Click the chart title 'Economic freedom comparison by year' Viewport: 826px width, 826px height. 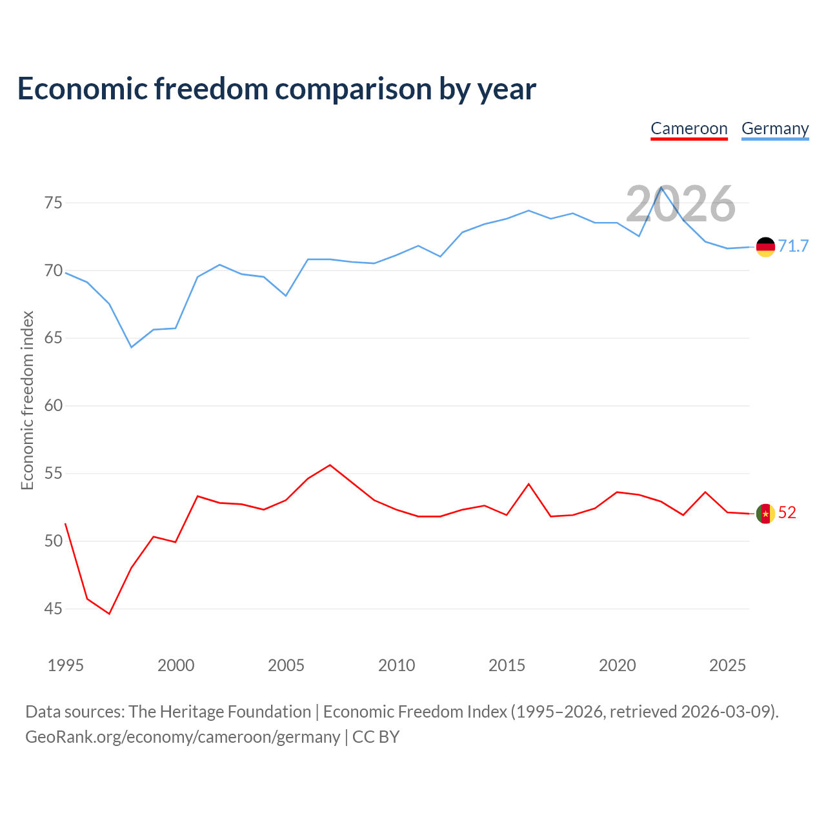tap(276, 89)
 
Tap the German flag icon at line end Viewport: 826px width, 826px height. tap(765, 247)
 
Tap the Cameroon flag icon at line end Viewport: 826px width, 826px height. tap(765, 513)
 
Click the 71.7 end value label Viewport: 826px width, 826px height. tap(793, 246)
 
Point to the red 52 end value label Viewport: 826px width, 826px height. tap(787, 512)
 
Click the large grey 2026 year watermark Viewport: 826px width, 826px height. tap(681, 204)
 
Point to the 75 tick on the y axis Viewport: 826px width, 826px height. tap(54, 203)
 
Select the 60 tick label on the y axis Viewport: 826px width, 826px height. tap(54, 405)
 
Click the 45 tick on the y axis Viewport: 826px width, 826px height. tap(54, 609)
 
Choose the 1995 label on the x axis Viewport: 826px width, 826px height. tap(66, 665)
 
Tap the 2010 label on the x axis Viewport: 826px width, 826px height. tap(396, 665)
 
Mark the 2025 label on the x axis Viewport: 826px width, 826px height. tap(727, 665)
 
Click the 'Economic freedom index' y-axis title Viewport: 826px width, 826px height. tap(27, 400)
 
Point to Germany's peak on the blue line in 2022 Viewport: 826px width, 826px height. tap(661, 187)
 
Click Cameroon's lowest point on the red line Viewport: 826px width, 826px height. tap(109, 614)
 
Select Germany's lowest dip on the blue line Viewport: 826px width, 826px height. tap(132, 347)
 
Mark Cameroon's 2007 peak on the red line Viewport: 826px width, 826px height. tap(330, 465)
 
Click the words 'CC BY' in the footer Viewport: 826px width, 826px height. tap(376, 737)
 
